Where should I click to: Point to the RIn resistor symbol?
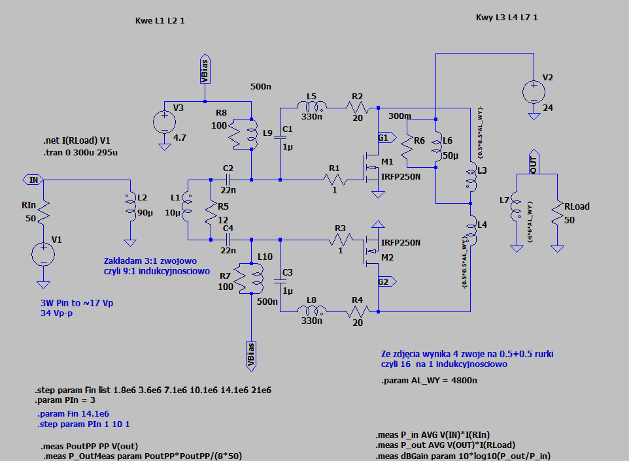click(44, 210)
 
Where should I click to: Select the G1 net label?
click(383, 138)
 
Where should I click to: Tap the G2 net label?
click(383, 281)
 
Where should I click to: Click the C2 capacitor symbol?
click(229, 180)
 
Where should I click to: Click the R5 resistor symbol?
click(211, 210)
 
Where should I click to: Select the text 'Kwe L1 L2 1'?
click(160, 22)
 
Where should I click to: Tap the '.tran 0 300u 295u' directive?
click(82, 152)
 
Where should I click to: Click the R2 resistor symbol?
click(358, 107)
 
